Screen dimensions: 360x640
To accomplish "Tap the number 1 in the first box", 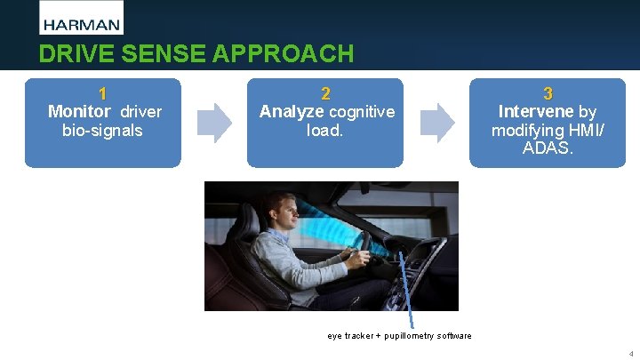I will tap(103, 93).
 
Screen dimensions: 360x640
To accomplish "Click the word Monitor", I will tap(79, 112).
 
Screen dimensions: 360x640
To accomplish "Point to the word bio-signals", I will tap(102, 131).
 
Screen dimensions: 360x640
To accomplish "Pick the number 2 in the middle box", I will tap(325, 93).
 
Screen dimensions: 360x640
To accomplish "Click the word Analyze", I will tap(292, 112).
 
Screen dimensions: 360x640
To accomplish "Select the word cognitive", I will tap(362, 112).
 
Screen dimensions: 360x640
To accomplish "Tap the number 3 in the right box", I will tap(548, 93).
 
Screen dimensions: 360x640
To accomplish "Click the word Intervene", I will tap(536, 112).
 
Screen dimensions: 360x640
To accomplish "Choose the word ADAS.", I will tap(548, 148).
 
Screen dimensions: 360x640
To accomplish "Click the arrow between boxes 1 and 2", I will tap(213, 122).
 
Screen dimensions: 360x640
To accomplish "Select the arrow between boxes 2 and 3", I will tap(436, 122).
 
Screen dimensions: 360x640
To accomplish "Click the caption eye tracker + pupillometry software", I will tap(399, 336).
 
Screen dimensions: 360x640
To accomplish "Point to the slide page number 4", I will tap(630, 353).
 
